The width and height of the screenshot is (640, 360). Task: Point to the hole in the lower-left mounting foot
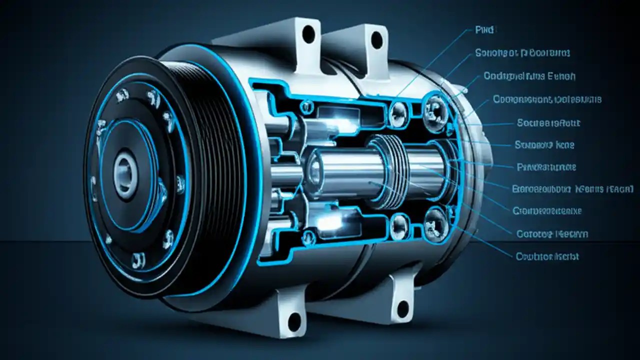tap(294, 320)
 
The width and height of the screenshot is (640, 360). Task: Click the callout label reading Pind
tap(483, 30)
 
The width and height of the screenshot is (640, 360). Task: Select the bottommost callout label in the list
tap(547, 256)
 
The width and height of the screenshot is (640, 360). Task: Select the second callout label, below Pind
tap(522, 52)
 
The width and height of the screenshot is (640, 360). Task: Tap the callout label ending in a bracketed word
tap(572, 189)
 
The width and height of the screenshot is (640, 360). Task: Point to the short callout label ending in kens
tap(544, 145)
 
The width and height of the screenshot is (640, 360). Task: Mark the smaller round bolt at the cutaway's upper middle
tap(398, 110)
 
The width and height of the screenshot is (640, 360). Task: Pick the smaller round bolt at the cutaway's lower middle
tap(399, 223)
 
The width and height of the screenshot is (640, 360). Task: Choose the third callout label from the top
tap(529, 76)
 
